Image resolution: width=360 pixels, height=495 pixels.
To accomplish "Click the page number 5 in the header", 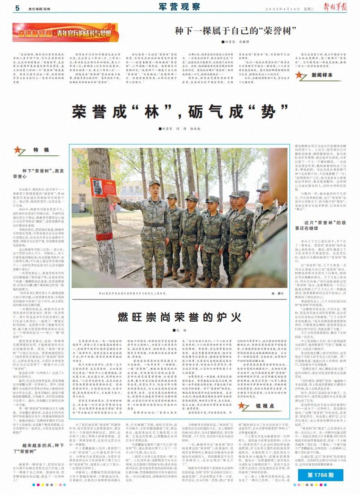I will click(17, 8).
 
